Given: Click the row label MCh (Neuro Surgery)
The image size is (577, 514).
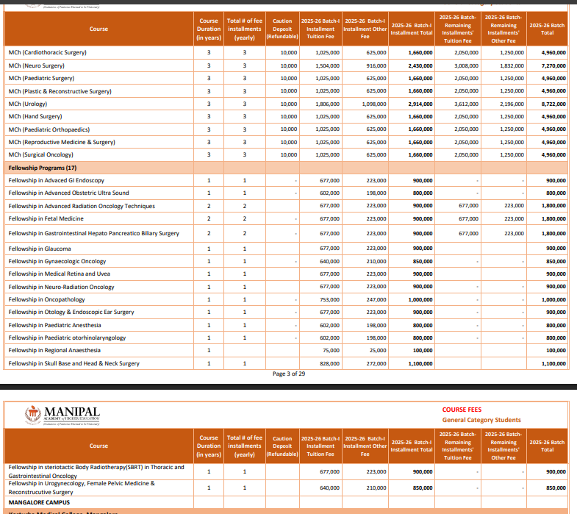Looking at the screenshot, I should (37, 65).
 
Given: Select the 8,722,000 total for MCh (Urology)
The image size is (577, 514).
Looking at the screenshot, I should (553, 104).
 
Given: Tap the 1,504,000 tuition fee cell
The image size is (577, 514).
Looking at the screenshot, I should (327, 65).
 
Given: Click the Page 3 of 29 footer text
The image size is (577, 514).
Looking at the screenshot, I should (289, 374).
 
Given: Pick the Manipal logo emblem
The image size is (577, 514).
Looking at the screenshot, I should (32, 415).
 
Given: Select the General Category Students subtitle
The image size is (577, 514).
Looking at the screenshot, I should (481, 420).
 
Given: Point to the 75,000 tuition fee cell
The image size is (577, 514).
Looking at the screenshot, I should (331, 351).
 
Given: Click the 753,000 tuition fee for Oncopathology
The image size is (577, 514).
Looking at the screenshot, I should (329, 300).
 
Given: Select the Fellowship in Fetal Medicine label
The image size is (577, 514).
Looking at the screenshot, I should (46, 218).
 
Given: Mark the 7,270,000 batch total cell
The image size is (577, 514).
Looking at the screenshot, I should (553, 65).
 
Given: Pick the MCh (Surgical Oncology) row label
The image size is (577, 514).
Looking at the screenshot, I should (40, 154).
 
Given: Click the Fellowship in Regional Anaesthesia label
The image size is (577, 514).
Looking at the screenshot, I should (54, 351).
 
